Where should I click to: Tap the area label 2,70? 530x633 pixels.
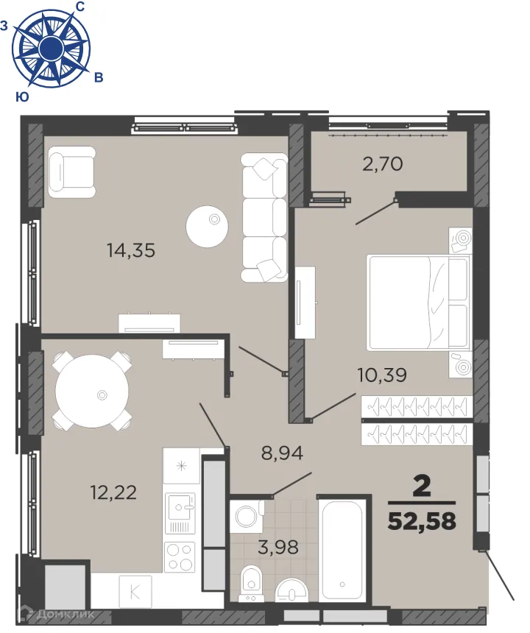coord(382,163)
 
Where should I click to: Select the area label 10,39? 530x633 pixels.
coord(382,375)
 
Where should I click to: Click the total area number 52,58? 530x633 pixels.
coord(422,522)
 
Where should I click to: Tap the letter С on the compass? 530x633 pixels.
coord(79,7)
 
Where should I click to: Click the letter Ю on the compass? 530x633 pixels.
coord(22,96)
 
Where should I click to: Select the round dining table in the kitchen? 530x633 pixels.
coord(93,391)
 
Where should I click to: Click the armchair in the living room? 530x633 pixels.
coord(71,171)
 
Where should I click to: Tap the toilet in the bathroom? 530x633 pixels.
coord(251,584)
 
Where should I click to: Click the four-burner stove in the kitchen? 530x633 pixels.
coord(180,554)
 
